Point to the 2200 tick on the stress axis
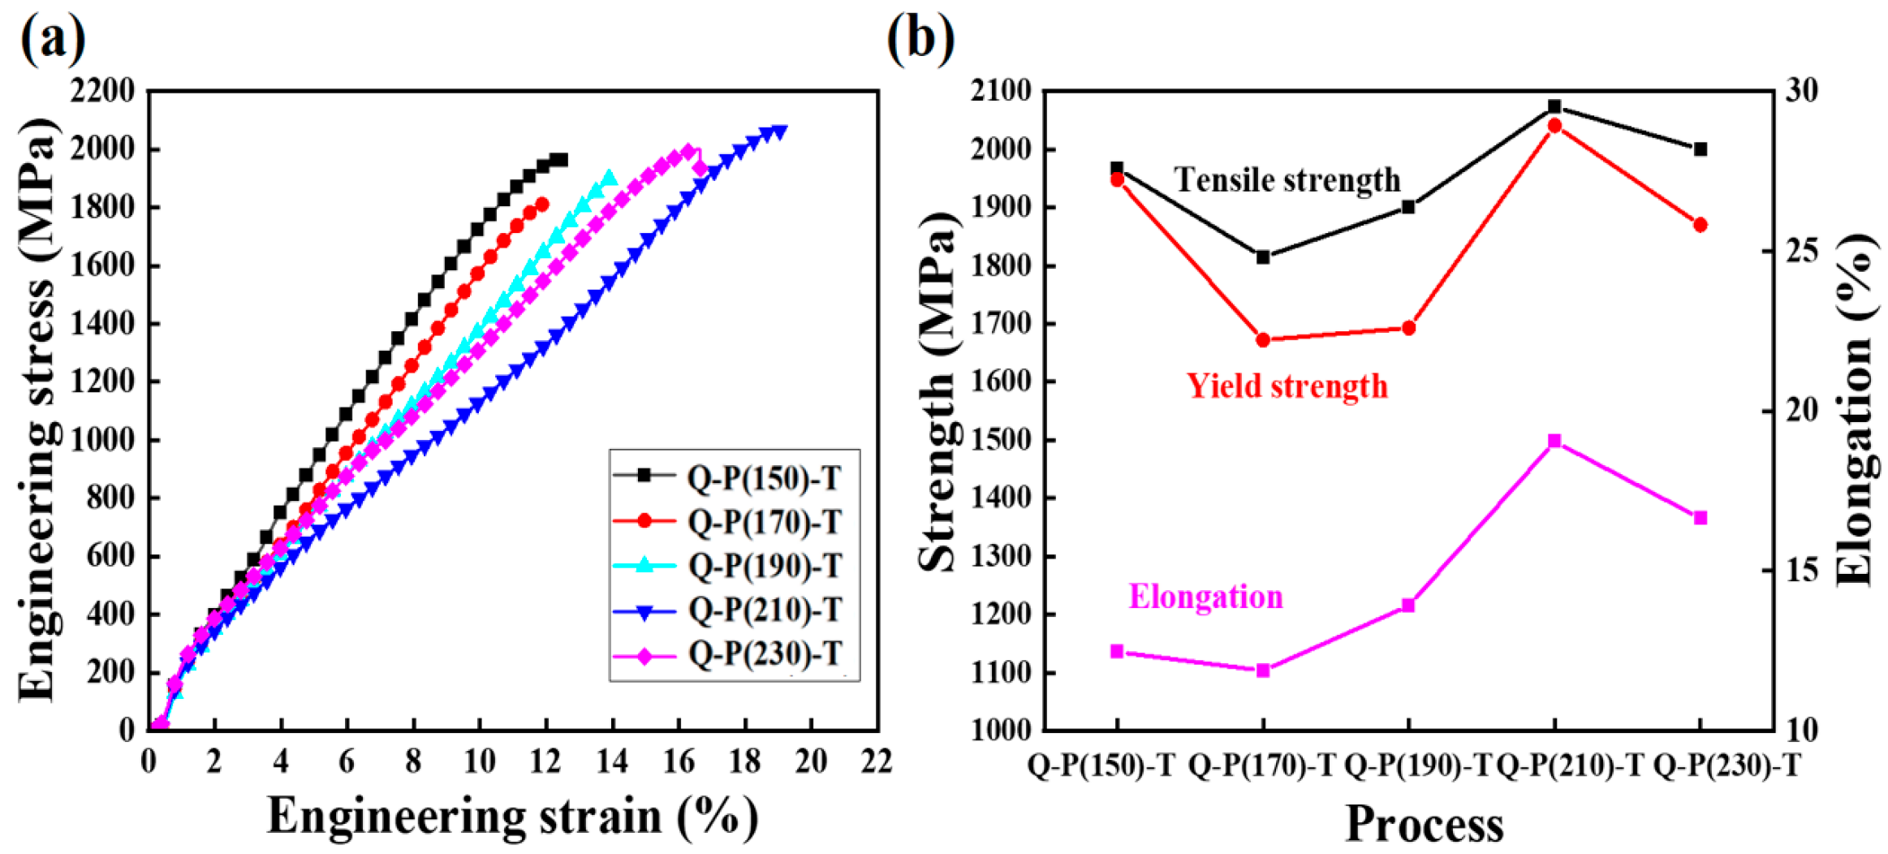click(x=102, y=91)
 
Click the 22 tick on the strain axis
click(x=877, y=761)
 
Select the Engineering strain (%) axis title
click(x=513, y=817)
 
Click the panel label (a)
click(x=53, y=38)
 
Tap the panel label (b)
click(x=920, y=38)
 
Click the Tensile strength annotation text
click(x=1287, y=180)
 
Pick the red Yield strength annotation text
click(x=1287, y=386)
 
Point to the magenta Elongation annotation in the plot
click(x=1206, y=597)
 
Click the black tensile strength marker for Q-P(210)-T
click(x=1554, y=106)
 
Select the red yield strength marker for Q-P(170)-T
click(x=1263, y=340)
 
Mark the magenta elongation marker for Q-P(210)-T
click(x=1554, y=441)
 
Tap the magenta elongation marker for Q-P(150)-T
click(x=1117, y=651)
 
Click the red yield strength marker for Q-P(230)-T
click(x=1700, y=225)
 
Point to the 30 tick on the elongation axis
click(x=1800, y=91)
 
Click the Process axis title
click(x=1425, y=825)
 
